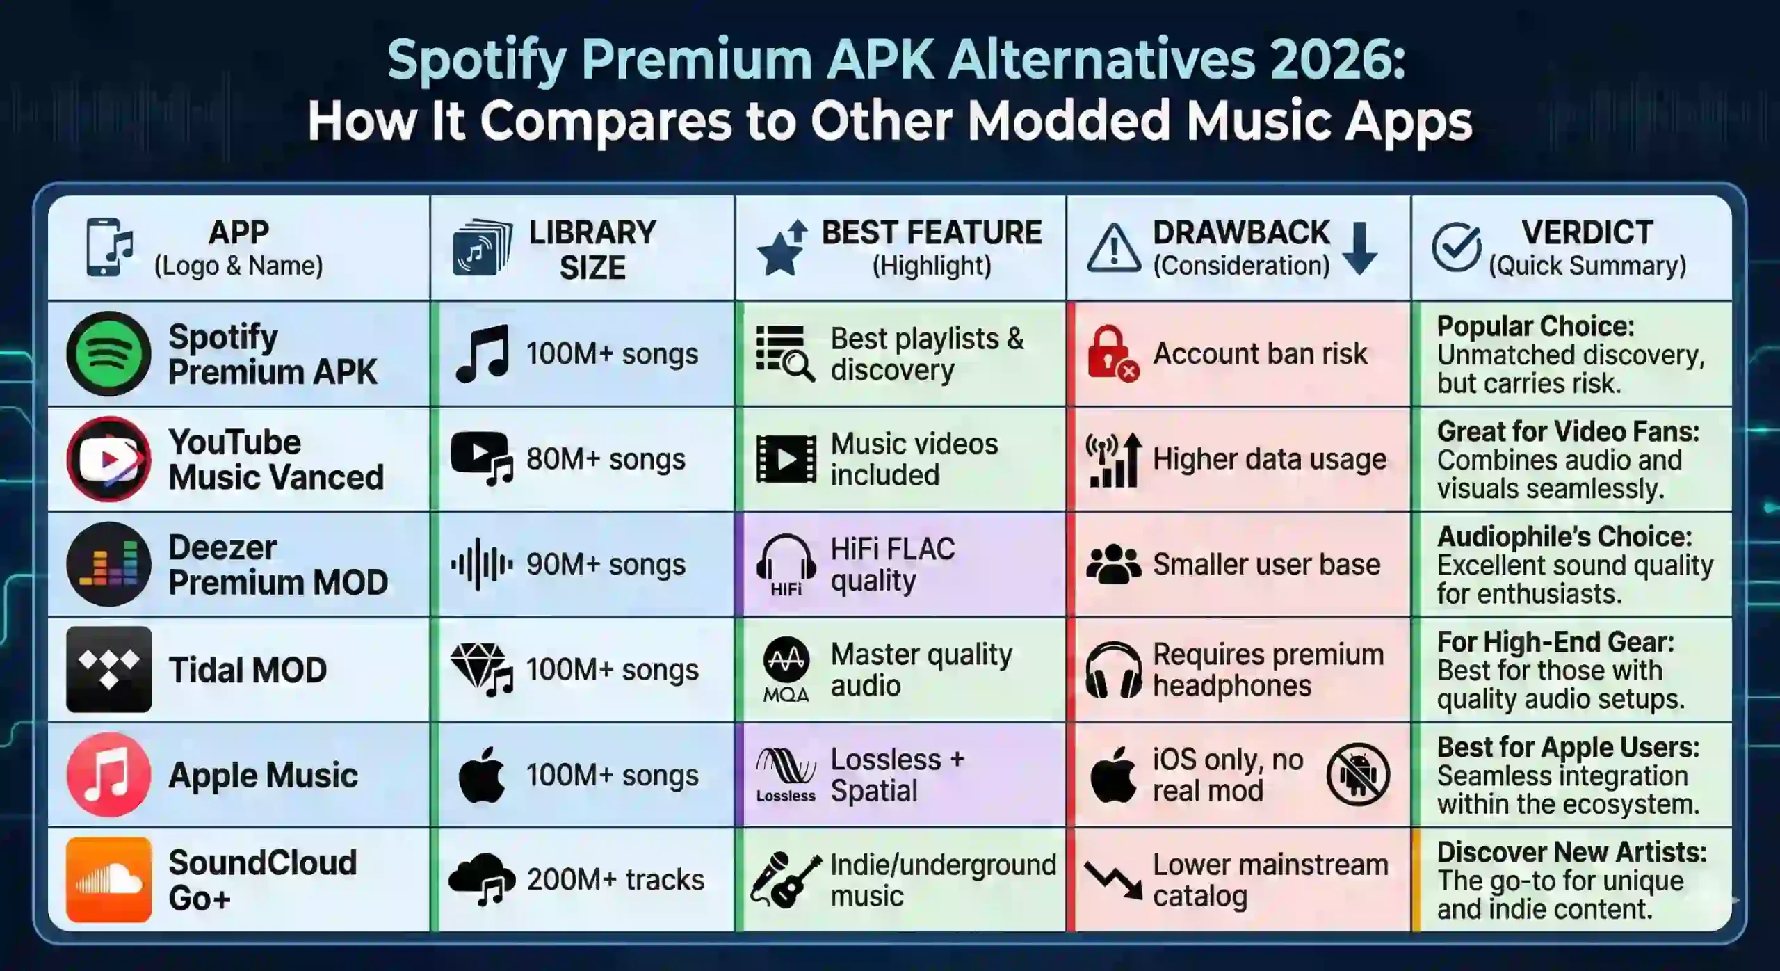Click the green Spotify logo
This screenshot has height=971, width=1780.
(x=108, y=353)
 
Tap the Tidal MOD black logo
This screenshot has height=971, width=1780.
(x=108, y=669)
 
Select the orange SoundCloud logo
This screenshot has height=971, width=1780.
(x=108, y=880)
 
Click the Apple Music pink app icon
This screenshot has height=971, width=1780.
(x=108, y=774)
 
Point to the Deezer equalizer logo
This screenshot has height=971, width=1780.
(x=108, y=564)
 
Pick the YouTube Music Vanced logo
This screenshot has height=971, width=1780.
(x=108, y=459)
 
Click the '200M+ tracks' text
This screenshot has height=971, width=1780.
(x=615, y=880)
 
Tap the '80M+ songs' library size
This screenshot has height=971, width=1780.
(x=606, y=459)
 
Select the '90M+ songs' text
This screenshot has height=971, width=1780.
(x=606, y=564)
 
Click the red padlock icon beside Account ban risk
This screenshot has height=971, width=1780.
(x=1111, y=353)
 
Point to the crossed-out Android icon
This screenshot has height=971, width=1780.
(x=1357, y=774)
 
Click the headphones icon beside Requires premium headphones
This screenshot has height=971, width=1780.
(x=1113, y=669)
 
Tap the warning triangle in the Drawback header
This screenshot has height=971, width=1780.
(x=1113, y=248)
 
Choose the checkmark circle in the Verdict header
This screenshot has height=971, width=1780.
(x=1456, y=247)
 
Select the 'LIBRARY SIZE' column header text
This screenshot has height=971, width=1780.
(x=592, y=249)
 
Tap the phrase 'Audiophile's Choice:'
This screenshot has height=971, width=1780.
(x=1564, y=536)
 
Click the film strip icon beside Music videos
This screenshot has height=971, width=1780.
(x=786, y=459)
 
